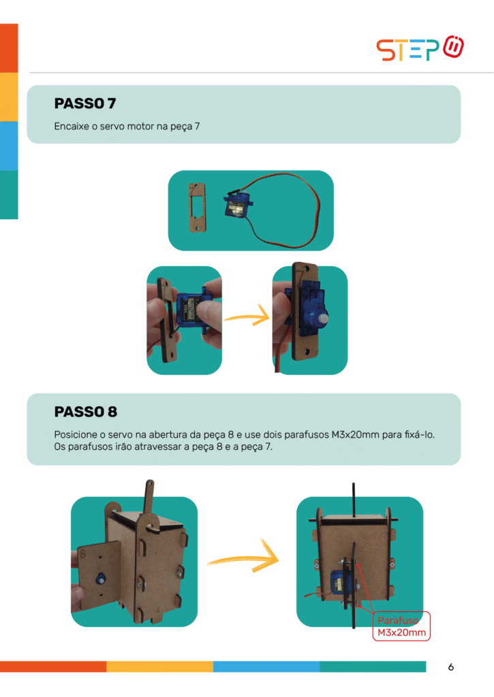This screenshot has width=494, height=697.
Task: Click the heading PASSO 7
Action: click(85, 103)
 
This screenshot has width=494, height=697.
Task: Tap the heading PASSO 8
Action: click(85, 412)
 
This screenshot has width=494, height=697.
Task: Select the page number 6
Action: click(451, 667)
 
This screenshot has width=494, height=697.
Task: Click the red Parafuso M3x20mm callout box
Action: click(401, 626)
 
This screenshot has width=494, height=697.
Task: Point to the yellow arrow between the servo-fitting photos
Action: click(247, 317)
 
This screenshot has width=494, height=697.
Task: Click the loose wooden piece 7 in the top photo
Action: click(197, 208)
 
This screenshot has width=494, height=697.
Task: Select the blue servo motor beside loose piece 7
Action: click(238, 204)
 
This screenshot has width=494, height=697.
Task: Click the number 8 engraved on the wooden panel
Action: click(82, 554)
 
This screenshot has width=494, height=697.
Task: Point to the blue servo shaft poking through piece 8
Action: click(101, 579)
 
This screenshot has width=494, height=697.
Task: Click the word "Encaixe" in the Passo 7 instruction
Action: click(72, 126)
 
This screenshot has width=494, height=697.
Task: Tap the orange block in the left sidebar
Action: click(9, 48)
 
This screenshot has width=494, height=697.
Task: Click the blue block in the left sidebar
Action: click(9, 146)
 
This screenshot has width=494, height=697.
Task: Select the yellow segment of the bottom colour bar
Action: click(159, 666)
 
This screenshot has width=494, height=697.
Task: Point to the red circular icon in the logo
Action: click(454, 46)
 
